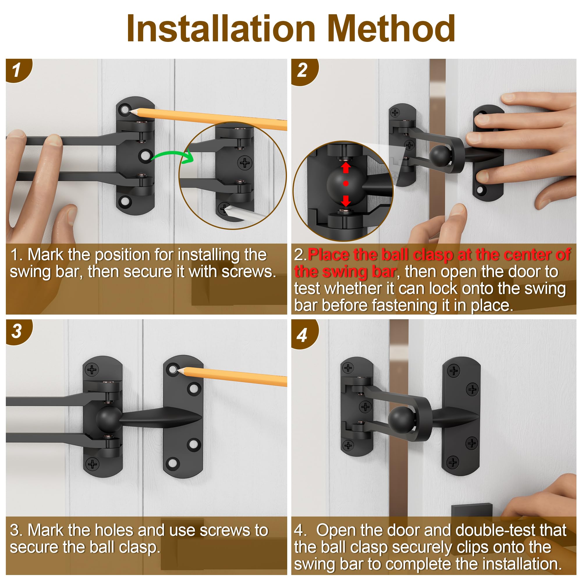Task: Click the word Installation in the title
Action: pos(221,28)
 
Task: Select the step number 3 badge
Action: pos(17,331)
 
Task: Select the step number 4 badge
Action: pos(303,334)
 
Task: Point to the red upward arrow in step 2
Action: pos(346,168)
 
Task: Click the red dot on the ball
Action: pos(346,183)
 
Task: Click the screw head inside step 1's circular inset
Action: pos(245,163)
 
